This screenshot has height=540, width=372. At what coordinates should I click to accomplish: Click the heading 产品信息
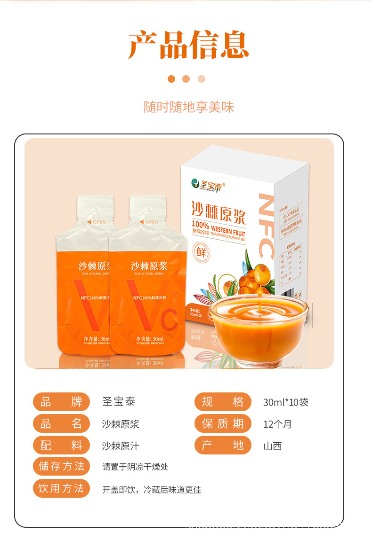point(188,46)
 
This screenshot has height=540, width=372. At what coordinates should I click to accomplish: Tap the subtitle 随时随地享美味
point(188,107)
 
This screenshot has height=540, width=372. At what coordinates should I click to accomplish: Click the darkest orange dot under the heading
point(171,79)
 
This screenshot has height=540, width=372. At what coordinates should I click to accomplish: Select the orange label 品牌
point(61,402)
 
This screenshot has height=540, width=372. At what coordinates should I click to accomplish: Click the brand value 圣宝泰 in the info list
point(119,402)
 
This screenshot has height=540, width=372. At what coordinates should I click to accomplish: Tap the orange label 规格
point(223,402)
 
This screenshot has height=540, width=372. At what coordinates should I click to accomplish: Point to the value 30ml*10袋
point(286,402)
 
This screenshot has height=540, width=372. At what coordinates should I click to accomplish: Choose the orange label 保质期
point(223,423)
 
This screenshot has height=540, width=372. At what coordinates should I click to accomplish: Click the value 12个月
point(277,424)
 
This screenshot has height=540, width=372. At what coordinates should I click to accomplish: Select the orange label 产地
point(223,445)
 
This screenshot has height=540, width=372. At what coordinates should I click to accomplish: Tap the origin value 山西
point(273,446)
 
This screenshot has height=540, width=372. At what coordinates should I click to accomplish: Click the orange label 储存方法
point(61,466)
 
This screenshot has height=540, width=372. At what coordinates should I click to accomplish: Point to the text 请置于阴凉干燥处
point(135,467)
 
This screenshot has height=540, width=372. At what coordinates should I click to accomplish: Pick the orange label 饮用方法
point(61,488)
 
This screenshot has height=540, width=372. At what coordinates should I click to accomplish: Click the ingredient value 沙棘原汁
point(121,446)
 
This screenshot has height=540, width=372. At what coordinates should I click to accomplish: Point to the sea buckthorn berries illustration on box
point(254,277)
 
